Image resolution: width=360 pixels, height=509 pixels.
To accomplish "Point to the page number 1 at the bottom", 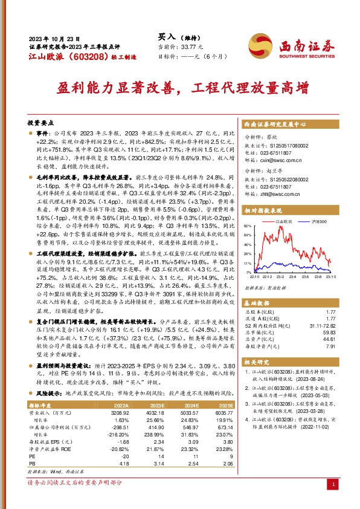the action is (334, 484).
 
